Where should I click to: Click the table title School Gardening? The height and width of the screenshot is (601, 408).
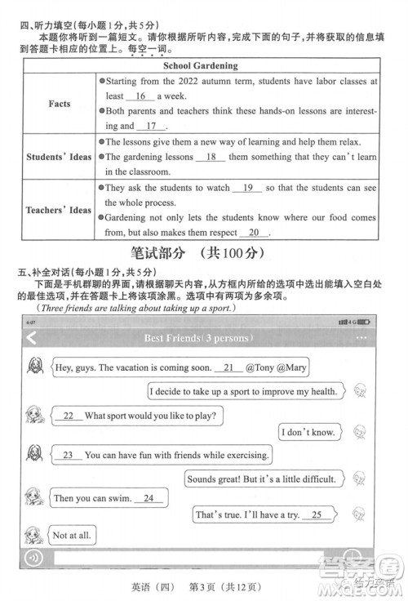pos(201,65)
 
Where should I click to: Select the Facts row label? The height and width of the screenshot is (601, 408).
pos(59,104)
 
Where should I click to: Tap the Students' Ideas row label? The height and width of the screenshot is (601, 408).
pos(59,156)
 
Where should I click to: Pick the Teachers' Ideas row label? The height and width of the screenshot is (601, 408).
pos(59,210)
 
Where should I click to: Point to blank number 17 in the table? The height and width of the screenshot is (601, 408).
pos(151,126)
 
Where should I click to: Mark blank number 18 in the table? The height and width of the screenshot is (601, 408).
pos(211,157)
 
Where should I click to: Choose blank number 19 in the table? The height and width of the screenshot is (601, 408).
pos(248,188)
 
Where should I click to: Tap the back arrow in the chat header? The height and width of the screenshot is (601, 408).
pos(32,339)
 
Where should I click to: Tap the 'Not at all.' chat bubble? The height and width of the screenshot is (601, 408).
pos(72,536)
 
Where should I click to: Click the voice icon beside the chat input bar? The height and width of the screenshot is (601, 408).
pos(35,559)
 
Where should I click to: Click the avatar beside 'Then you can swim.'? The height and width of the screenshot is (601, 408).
pos(33,496)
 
